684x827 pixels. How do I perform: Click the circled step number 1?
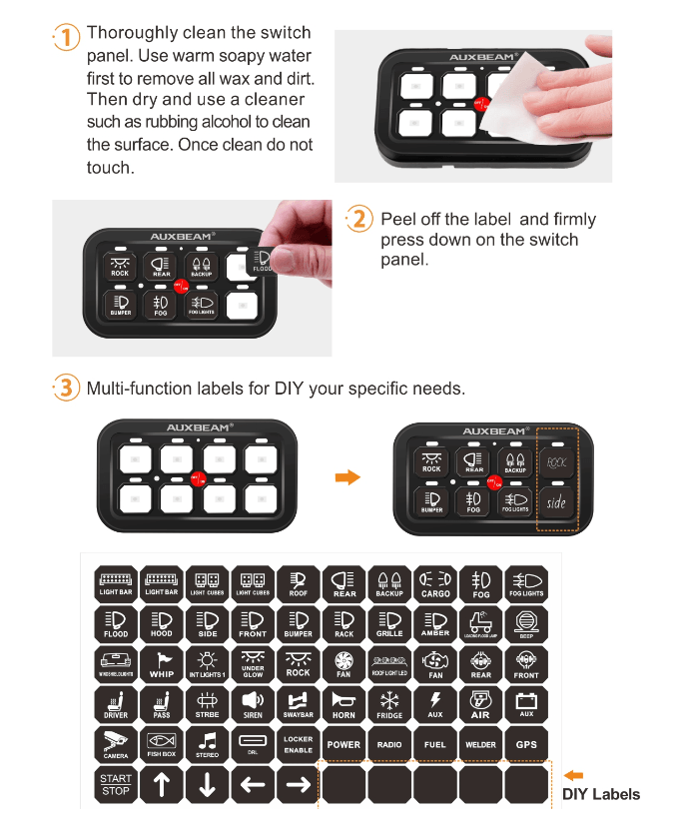(65, 38)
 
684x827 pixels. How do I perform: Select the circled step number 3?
(65, 388)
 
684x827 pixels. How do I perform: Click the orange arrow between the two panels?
(346, 478)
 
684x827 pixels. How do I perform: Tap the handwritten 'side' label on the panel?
(556, 503)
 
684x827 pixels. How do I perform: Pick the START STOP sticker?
(116, 785)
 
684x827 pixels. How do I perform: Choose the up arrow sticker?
(162, 785)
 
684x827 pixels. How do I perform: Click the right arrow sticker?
(299, 785)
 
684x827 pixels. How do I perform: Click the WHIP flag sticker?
(162, 664)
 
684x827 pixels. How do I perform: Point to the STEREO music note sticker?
(208, 745)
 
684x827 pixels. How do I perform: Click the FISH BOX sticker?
(162, 745)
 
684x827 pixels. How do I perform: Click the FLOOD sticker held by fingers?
(263, 261)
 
